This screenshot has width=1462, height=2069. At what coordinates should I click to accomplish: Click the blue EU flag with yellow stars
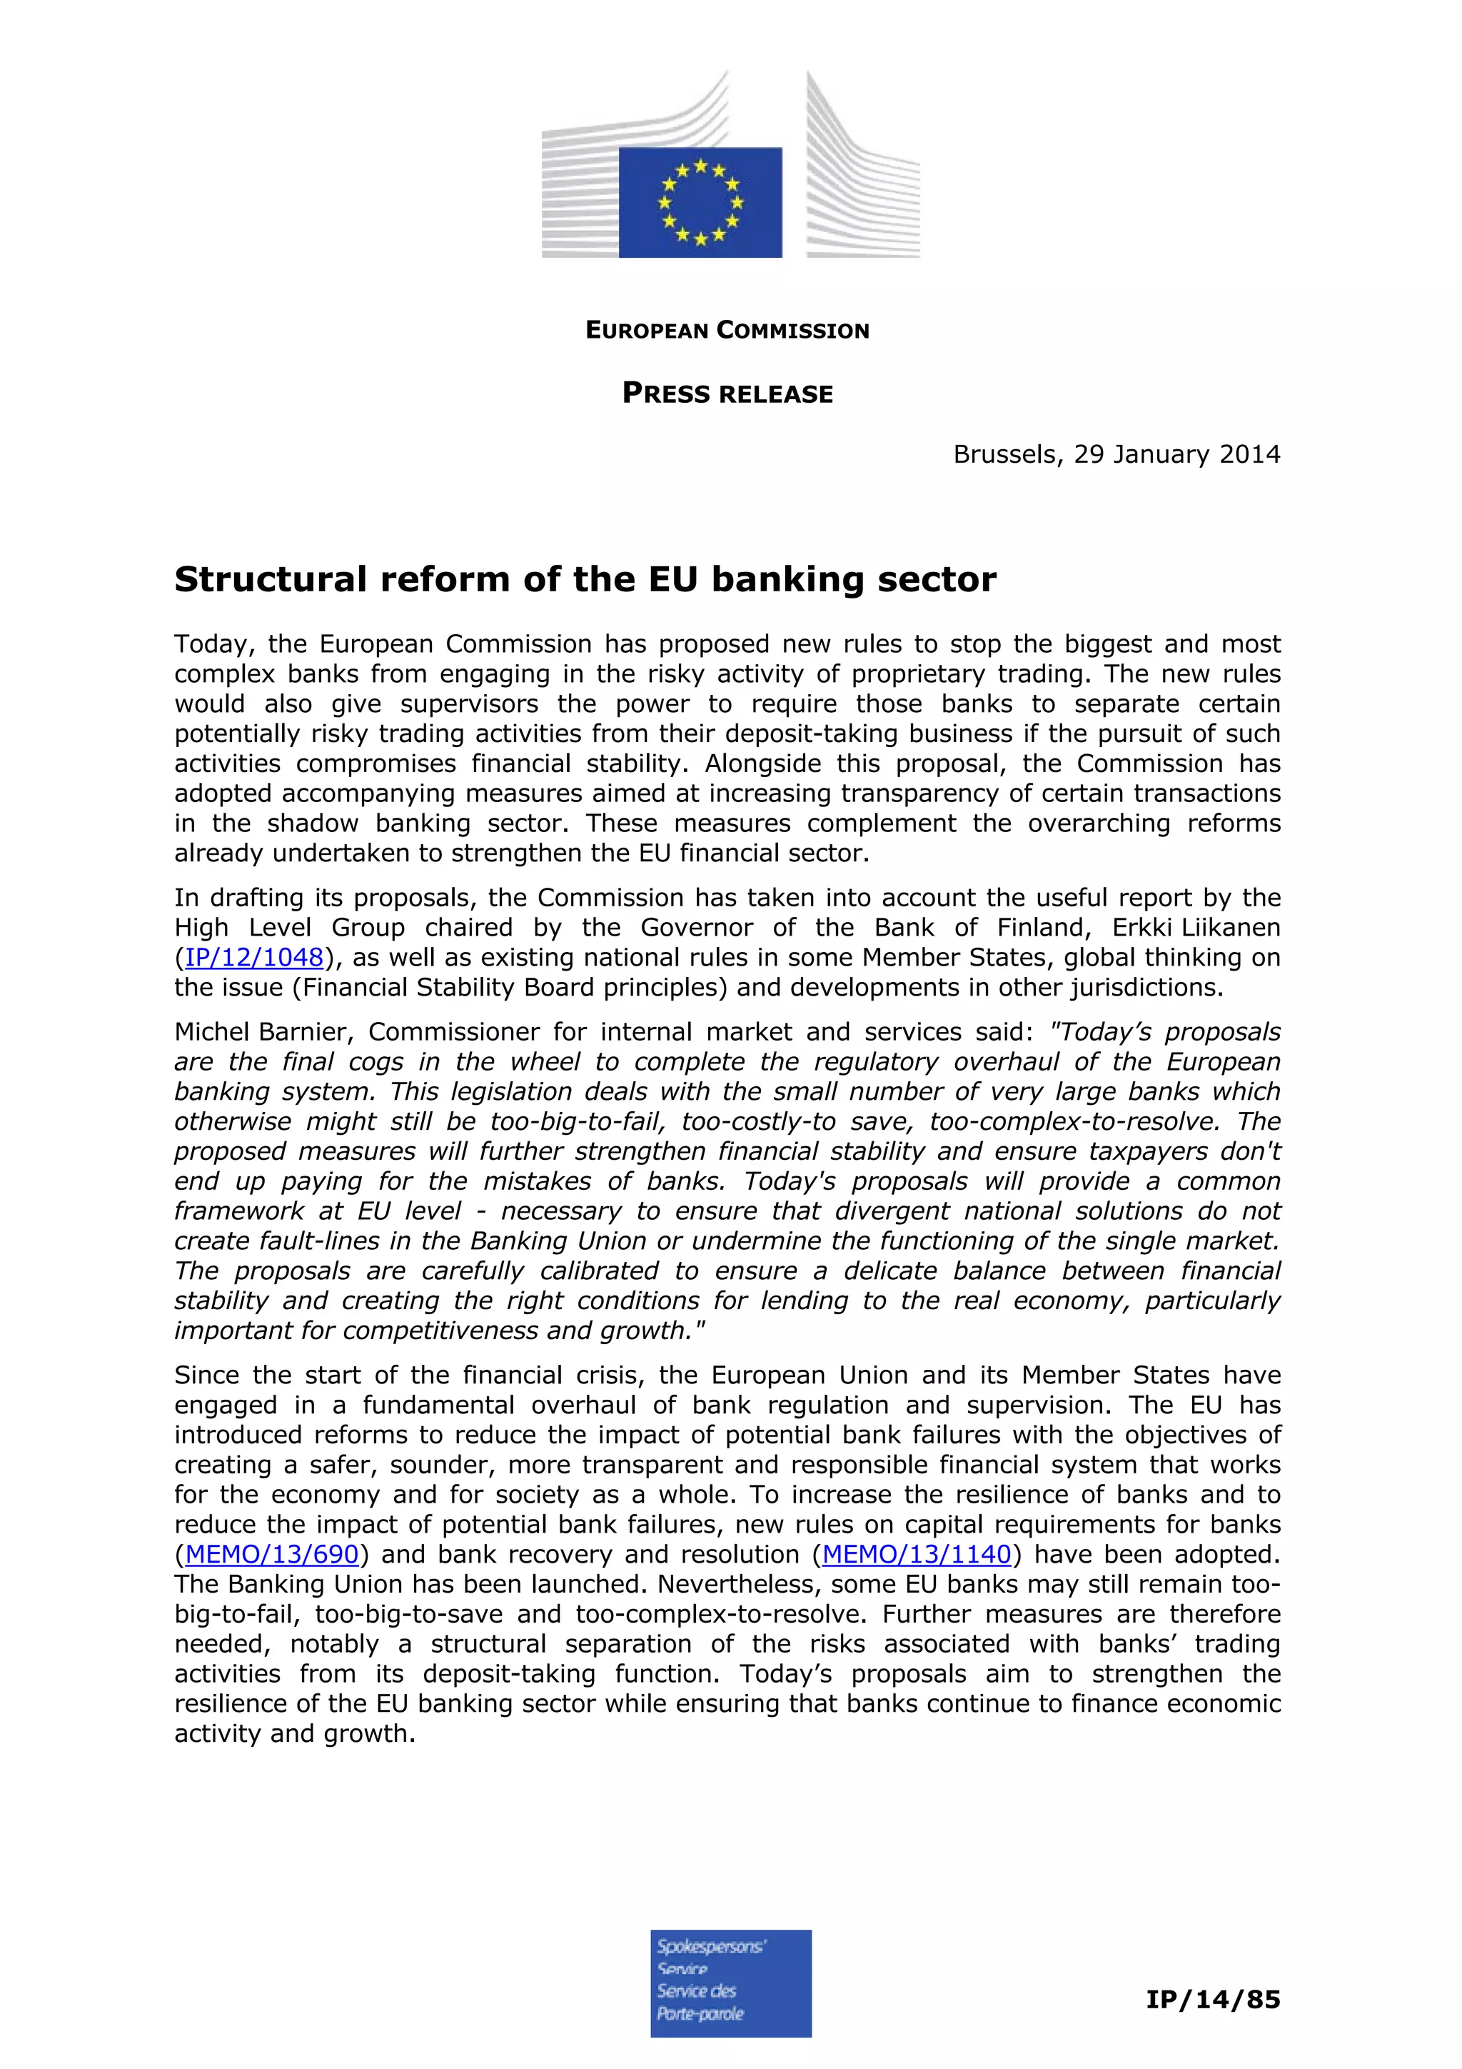700,203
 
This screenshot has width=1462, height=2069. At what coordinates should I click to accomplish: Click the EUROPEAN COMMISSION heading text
727,331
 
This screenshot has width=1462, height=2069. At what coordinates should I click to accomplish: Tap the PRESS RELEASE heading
727,394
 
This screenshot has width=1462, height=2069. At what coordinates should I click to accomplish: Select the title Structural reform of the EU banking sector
585,579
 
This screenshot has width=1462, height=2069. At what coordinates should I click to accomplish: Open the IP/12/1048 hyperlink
254,958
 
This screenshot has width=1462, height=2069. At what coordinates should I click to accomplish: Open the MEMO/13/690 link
272,1555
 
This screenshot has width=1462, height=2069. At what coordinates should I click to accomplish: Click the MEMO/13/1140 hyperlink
916,1555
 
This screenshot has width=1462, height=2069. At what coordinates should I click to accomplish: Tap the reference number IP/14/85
1212,2000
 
